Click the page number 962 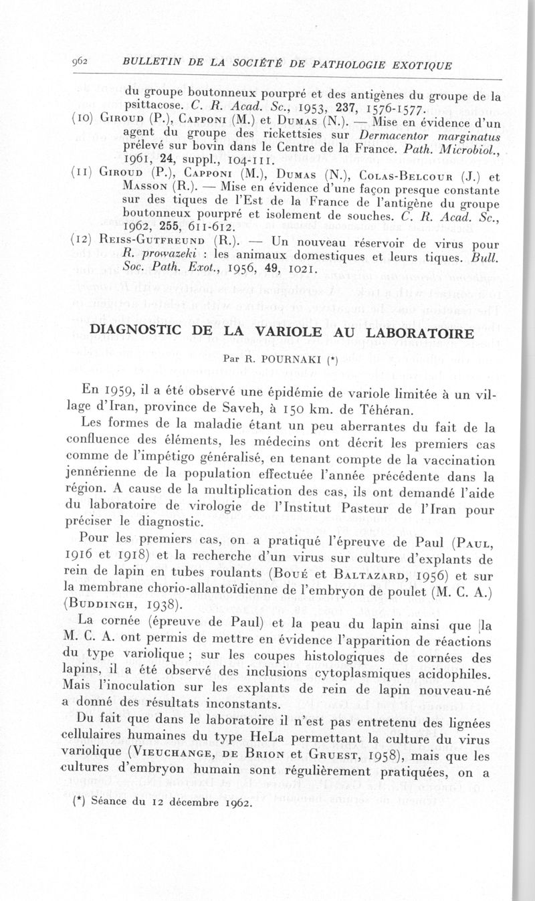point(81,62)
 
